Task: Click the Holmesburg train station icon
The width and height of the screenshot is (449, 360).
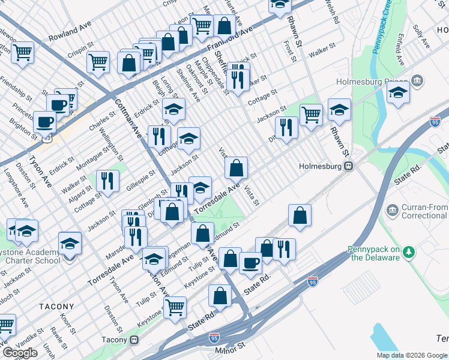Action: (348, 167)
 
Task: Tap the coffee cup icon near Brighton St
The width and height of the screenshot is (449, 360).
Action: (44, 121)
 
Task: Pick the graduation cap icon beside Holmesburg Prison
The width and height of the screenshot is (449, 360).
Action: (399, 92)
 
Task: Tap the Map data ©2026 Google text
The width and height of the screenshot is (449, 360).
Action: (412, 355)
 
